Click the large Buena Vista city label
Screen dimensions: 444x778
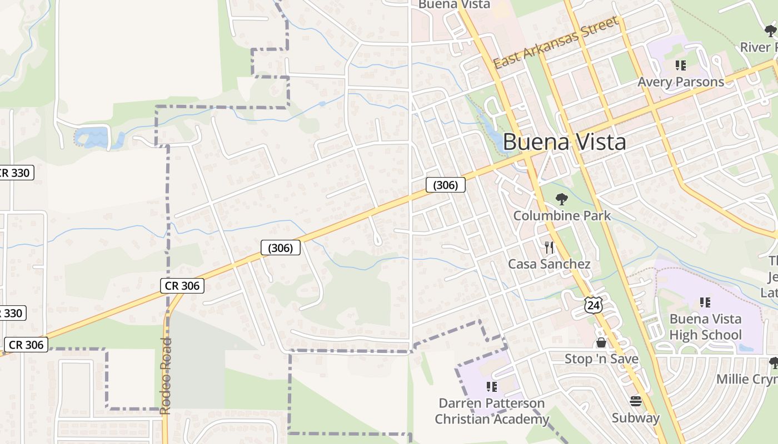564,142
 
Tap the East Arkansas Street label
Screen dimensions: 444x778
556,43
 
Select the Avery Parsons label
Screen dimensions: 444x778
681,82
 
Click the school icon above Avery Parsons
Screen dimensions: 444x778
681,65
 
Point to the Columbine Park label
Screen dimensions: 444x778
562,215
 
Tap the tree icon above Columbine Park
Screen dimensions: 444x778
562,199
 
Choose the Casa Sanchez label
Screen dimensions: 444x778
549,264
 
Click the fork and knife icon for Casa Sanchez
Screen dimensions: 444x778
549,247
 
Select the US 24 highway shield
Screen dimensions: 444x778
593,304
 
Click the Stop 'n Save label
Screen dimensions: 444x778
601,359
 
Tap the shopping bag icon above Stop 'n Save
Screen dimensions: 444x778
601,342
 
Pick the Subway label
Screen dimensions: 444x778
636,418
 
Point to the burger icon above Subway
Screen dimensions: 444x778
636,401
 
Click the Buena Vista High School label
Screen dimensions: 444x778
705,327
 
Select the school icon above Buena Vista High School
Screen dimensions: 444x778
705,302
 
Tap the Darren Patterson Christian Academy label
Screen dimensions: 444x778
492,411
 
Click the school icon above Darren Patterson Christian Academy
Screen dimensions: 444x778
492,386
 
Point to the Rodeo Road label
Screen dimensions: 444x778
166,376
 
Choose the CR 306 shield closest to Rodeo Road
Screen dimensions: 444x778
182,286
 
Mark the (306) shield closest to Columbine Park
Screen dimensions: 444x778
445,185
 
